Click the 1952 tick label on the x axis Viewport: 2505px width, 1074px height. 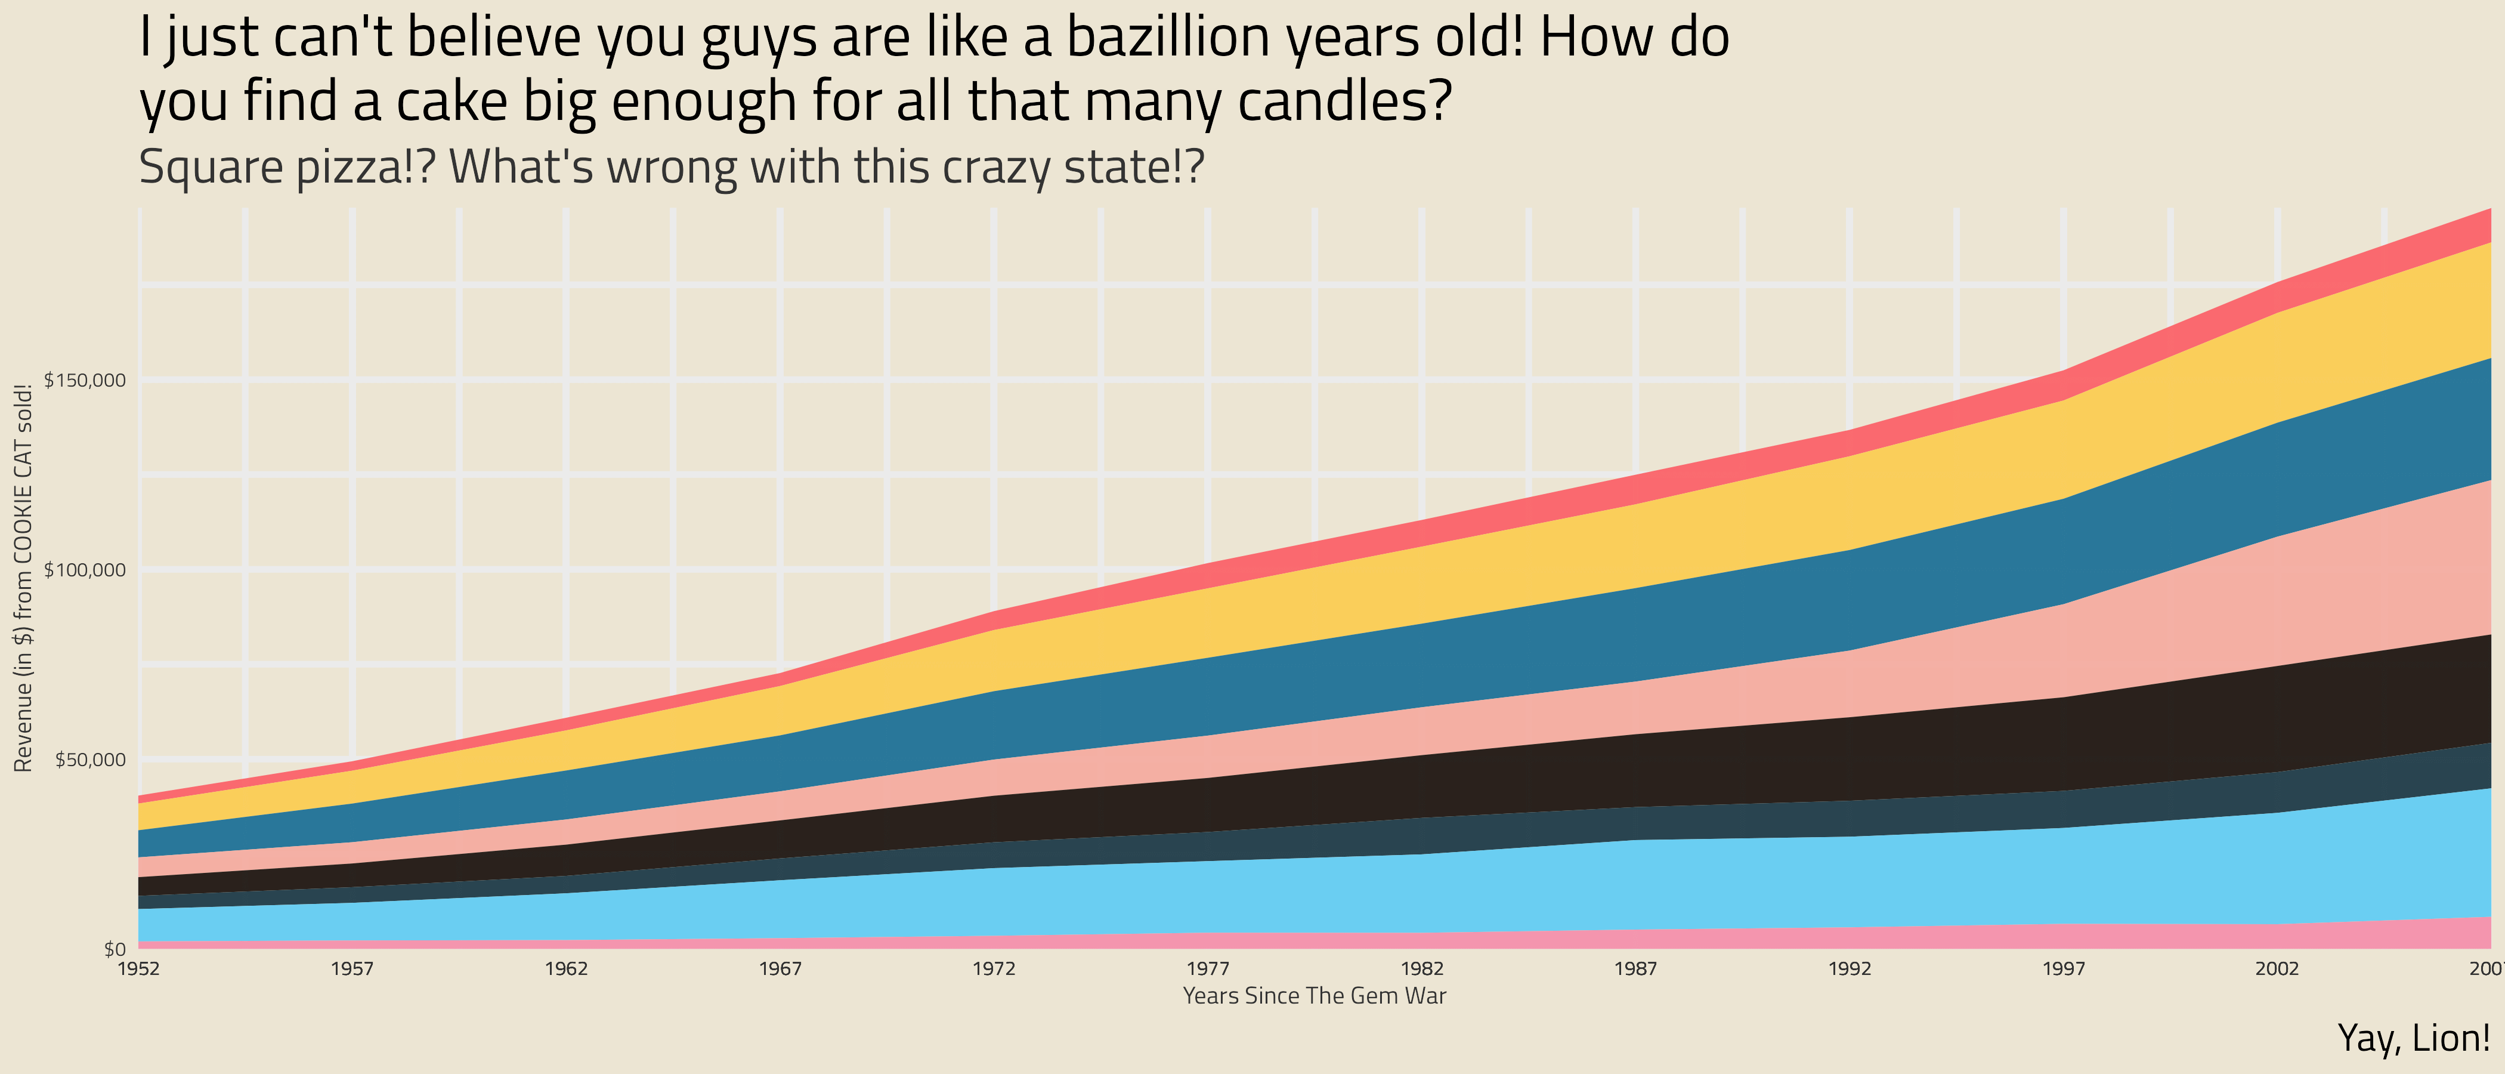139,969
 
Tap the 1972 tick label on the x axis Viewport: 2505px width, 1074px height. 994,969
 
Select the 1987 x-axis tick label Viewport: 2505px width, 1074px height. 1635,969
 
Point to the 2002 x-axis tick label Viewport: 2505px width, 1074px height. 2277,969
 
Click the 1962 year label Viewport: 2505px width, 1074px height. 566,969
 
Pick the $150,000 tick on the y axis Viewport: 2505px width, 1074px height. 85,381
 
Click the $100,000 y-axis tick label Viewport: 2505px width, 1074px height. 85,570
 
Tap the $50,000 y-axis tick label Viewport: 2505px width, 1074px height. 91,760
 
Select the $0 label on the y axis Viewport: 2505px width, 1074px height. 115,949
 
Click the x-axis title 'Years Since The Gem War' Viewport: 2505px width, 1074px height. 1315,996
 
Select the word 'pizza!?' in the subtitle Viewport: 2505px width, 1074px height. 367,167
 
